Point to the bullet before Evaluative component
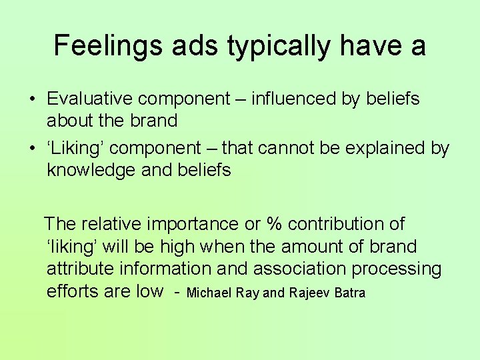tap(32, 99)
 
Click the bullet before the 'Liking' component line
tap(32, 149)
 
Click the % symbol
tap(273, 224)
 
